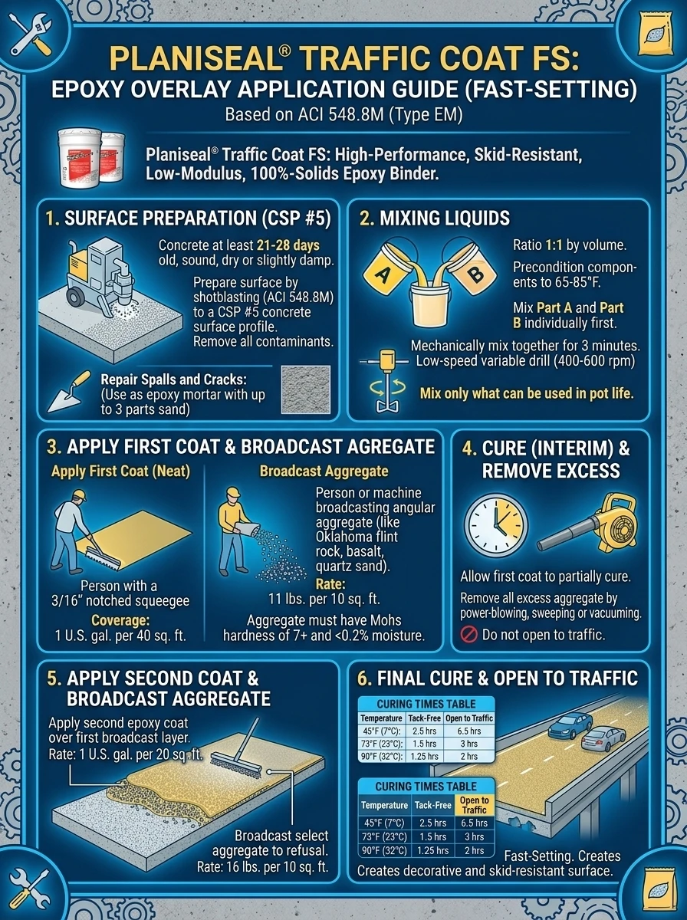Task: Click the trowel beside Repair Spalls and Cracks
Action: [x=70, y=392]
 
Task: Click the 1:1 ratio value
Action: [x=554, y=245]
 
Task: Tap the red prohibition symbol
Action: [x=468, y=635]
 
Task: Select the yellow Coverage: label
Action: [x=120, y=620]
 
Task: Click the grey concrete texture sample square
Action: [x=306, y=389]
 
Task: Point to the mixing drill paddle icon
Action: [x=384, y=380]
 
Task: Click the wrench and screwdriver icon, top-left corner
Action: [x=31, y=34]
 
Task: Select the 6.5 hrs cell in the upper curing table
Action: [x=469, y=731]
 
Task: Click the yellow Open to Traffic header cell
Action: [x=474, y=805]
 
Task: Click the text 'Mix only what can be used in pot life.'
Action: [x=527, y=393]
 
